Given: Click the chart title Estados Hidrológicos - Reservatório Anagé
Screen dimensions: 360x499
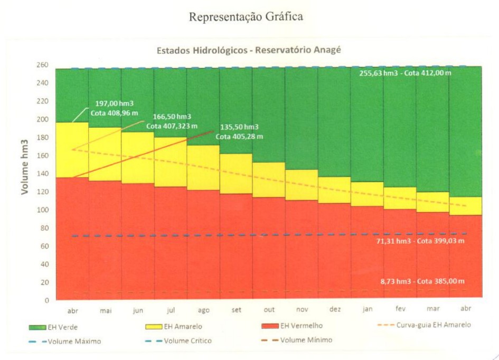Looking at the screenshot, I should click(249, 51).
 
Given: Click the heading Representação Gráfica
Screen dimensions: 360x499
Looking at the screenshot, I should click(246, 17).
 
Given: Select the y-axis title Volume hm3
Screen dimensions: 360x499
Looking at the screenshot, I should click(25, 167).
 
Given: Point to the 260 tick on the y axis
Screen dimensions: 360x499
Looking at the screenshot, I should click(42, 65).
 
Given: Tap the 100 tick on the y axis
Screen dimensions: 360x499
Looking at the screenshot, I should click(42, 210).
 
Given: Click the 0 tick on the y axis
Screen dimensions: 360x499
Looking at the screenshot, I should click(46, 300).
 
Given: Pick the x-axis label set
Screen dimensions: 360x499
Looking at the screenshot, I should click(236, 310).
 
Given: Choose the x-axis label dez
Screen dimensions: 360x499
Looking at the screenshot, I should click(334, 310).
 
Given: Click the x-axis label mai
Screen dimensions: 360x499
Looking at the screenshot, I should click(106, 310).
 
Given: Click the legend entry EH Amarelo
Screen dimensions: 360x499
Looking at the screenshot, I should click(180, 327).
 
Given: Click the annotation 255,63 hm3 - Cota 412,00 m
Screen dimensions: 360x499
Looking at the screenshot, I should click(406, 73).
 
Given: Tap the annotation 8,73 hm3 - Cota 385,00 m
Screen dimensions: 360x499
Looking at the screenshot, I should click(416, 281).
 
